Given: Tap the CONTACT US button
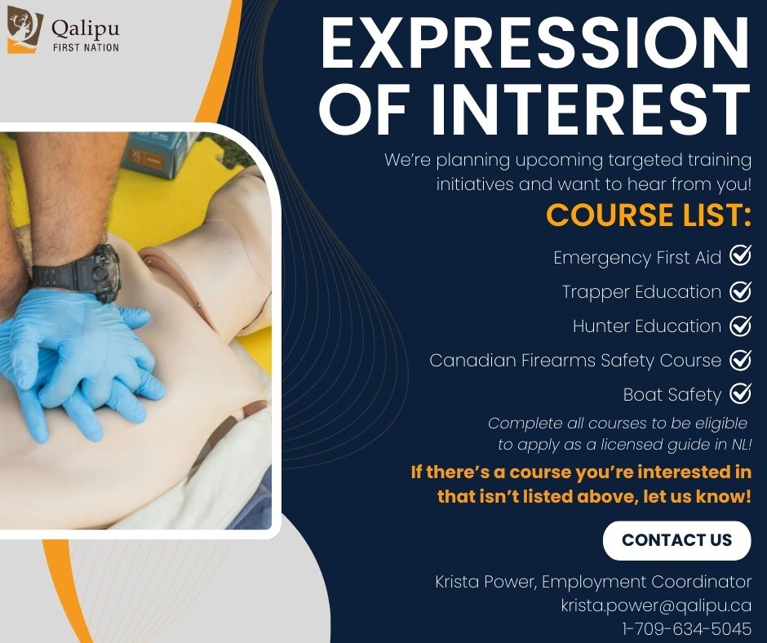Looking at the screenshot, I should [676, 540].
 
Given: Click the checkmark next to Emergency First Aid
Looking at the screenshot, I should [740, 257].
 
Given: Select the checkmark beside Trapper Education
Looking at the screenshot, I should [740, 291].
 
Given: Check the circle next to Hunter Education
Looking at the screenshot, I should [740, 326].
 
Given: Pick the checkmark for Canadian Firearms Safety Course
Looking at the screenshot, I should [740, 360].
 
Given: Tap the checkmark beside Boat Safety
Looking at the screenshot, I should [740, 394].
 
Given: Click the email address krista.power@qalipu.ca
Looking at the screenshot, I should [655, 605].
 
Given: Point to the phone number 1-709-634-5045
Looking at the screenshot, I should [685, 629].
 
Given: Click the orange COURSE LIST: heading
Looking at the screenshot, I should [648, 215].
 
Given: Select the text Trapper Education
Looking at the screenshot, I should [641, 292].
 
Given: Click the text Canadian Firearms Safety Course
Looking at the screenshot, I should [575, 360].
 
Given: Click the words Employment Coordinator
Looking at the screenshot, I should [646, 582].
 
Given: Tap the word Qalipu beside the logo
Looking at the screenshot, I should [85, 29].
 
